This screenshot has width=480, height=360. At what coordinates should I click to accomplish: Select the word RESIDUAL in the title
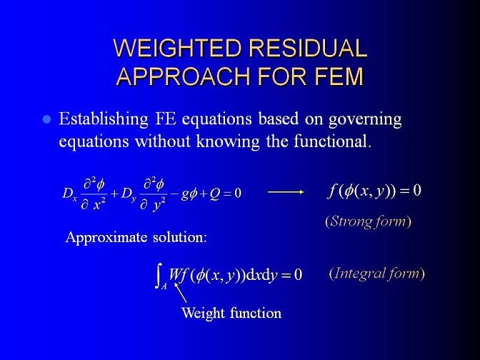pos(308,48)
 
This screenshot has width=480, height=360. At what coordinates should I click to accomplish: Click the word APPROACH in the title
pos(184,76)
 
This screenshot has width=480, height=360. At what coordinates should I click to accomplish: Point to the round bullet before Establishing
pos(46,119)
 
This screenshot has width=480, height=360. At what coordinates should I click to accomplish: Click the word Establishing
pos(104,119)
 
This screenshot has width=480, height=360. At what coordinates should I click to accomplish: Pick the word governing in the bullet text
pos(365,120)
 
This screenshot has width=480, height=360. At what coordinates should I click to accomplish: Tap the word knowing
pos(228,142)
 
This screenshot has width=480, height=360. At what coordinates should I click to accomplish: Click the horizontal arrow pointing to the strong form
pos(286,192)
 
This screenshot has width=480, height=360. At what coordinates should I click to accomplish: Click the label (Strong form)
pos(368,221)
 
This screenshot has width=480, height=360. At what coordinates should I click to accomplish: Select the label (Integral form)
pos(377,274)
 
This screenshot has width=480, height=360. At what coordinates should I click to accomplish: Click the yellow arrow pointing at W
pos(180,292)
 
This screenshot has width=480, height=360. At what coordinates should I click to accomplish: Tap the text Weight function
pos(231,313)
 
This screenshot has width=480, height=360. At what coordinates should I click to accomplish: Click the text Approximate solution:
pos(136,238)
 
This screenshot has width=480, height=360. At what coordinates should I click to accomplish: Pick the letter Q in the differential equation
pos(215,194)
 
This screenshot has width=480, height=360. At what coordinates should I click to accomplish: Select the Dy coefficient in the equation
pos(129,194)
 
